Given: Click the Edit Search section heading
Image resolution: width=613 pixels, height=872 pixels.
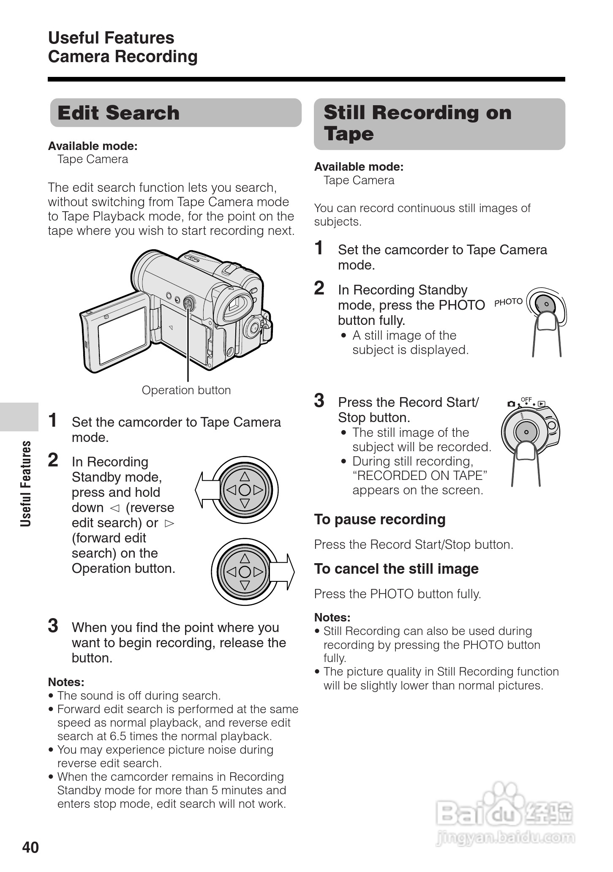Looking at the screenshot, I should coord(119,113).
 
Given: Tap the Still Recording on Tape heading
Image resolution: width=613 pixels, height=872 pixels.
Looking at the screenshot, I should coord(417,123).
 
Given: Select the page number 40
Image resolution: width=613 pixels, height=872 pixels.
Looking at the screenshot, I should coord(30,847).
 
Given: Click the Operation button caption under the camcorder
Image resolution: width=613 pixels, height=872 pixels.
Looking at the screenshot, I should coord(186,390).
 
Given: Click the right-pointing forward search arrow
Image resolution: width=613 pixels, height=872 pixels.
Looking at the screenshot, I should coord(282,572).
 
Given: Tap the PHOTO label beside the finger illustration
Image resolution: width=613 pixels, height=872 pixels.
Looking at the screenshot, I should coord(508,302).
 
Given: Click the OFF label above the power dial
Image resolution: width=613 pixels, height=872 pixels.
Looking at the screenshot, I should coord(526,399).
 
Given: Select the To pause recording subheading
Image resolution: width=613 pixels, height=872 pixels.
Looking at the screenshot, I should coord(379,519).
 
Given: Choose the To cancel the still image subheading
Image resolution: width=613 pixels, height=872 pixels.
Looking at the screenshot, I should coord(396,569).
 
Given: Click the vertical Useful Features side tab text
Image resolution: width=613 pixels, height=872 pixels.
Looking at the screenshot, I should coord(26,484).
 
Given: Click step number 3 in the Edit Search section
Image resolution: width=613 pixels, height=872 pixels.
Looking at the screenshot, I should coord(53,626).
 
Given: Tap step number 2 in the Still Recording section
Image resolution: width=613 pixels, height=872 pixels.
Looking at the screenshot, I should coord(319,288).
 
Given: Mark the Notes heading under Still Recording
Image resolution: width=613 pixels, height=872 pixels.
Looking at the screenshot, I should coord(332,617).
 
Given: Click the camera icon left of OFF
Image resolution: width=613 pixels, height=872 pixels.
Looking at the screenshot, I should coord(511,404).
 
